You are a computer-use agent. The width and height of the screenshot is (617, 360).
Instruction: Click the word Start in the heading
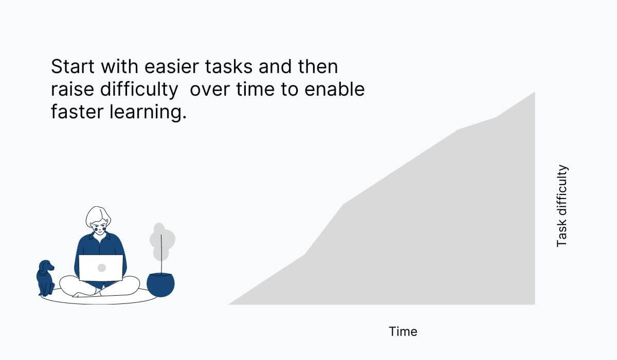pos(72,67)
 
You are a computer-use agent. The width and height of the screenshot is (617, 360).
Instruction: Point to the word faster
pos(77,112)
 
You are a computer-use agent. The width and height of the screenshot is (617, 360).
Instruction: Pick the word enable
pos(335,89)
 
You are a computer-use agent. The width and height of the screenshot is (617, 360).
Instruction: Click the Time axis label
pos(403,332)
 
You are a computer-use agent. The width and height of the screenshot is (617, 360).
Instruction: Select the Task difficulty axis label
pos(562,206)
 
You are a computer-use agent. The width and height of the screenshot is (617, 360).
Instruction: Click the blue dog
pos(45,278)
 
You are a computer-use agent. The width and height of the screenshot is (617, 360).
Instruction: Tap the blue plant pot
pos(160,285)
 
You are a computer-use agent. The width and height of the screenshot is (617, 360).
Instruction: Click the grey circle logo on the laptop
pos(102,268)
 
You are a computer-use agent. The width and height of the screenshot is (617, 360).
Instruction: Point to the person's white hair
pos(98,216)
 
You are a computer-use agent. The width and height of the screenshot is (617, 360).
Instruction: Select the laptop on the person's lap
pos(101,268)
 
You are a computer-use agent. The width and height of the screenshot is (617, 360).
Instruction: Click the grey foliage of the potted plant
pos(162,242)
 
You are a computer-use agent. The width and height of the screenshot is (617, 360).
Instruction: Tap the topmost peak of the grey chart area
pos(535,92)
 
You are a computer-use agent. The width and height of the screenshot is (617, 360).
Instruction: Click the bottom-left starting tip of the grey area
pos(229,304)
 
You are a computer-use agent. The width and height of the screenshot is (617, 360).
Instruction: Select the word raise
pos(72,90)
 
